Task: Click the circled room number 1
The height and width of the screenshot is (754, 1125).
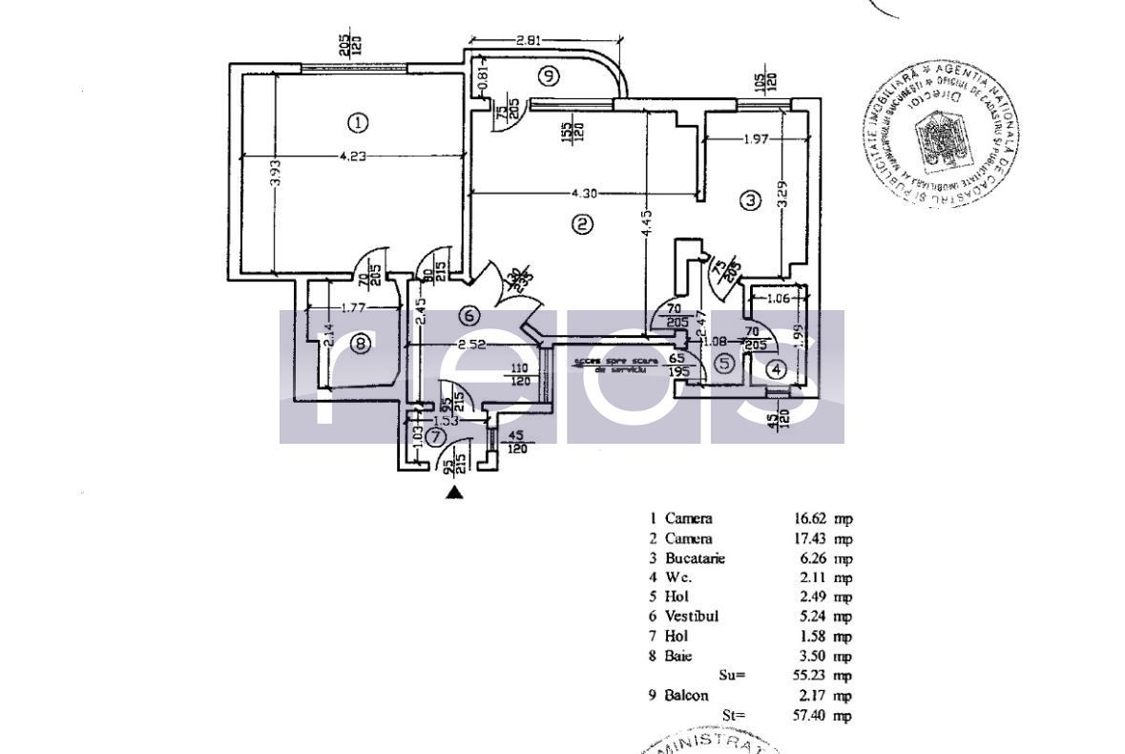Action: click(x=356, y=122)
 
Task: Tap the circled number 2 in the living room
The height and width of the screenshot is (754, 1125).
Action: click(x=582, y=224)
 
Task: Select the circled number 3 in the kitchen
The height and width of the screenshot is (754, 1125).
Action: click(x=751, y=200)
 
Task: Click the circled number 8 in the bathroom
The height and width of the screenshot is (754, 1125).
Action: click(x=359, y=344)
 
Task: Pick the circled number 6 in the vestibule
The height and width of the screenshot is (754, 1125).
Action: click(x=468, y=316)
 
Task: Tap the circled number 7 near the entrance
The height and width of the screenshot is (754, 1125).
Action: click(x=435, y=437)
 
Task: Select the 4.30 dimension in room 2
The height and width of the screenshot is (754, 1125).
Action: click(x=584, y=194)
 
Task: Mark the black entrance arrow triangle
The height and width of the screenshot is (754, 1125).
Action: click(x=455, y=492)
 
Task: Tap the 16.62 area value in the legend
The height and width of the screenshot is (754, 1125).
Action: click(x=809, y=518)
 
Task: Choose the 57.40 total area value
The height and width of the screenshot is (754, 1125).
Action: click(x=809, y=715)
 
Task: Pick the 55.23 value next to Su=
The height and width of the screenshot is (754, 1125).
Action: click(x=809, y=675)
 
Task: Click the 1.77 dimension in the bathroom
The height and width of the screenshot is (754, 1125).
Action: click(x=355, y=307)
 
